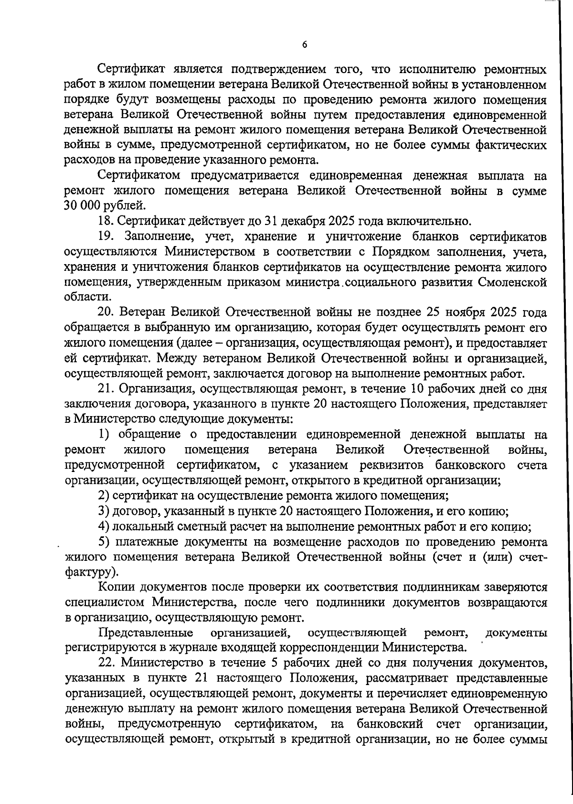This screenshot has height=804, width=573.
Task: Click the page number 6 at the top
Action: (305, 44)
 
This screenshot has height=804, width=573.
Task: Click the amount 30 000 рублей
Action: (105, 206)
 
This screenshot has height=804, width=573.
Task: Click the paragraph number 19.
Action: (106, 236)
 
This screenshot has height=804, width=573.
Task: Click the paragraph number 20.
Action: (106, 312)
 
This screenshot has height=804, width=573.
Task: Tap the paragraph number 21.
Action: (106, 388)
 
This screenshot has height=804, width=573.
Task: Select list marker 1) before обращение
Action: (104, 434)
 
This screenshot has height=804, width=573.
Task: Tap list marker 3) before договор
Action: (104, 511)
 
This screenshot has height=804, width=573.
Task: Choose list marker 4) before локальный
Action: (104, 526)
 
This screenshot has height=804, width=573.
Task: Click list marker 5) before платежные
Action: (104, 542)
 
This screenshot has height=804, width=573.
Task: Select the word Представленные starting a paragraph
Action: (146, 633)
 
